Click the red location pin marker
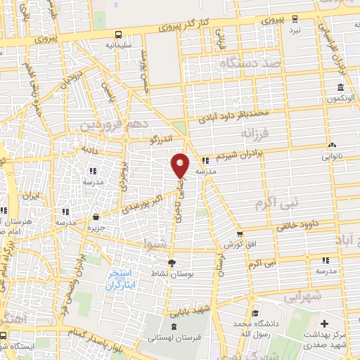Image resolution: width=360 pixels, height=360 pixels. (x=180, y=165)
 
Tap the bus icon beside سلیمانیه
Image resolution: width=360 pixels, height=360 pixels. (x=118, y=34)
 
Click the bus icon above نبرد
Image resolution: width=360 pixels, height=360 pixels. (x=295, y=19)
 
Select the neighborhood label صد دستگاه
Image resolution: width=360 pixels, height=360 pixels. (x=250, y=63)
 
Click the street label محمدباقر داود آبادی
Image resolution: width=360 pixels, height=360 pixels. (x=233, y=114)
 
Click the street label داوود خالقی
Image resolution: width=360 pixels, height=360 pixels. (x=296, y=226)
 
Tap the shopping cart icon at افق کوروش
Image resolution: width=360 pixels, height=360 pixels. (x=239, y=234)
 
